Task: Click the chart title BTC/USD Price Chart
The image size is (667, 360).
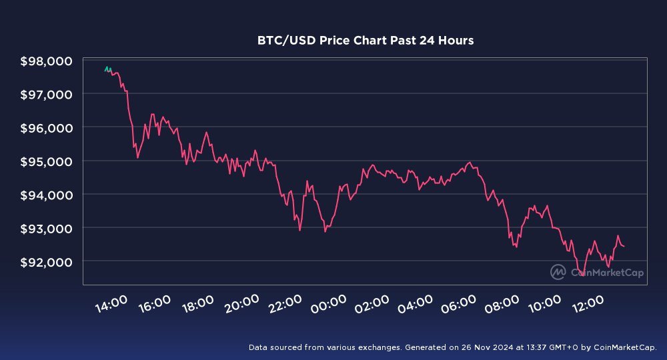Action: tap(366, 41)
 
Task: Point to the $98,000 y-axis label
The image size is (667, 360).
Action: tap(47, 61)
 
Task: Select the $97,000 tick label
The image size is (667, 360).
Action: tap(47, 95)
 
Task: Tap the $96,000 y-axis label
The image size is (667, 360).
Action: tap(47, 128)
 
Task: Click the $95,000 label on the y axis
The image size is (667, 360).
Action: tap(47, 161)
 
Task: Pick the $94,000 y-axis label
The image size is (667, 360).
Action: tap(47, 195)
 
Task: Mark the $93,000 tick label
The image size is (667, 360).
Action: tap(47, 228)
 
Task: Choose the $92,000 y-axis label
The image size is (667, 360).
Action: tap(47, 261)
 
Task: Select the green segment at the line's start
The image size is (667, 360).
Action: tap(107, 69)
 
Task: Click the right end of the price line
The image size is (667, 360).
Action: tap(624, 246)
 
